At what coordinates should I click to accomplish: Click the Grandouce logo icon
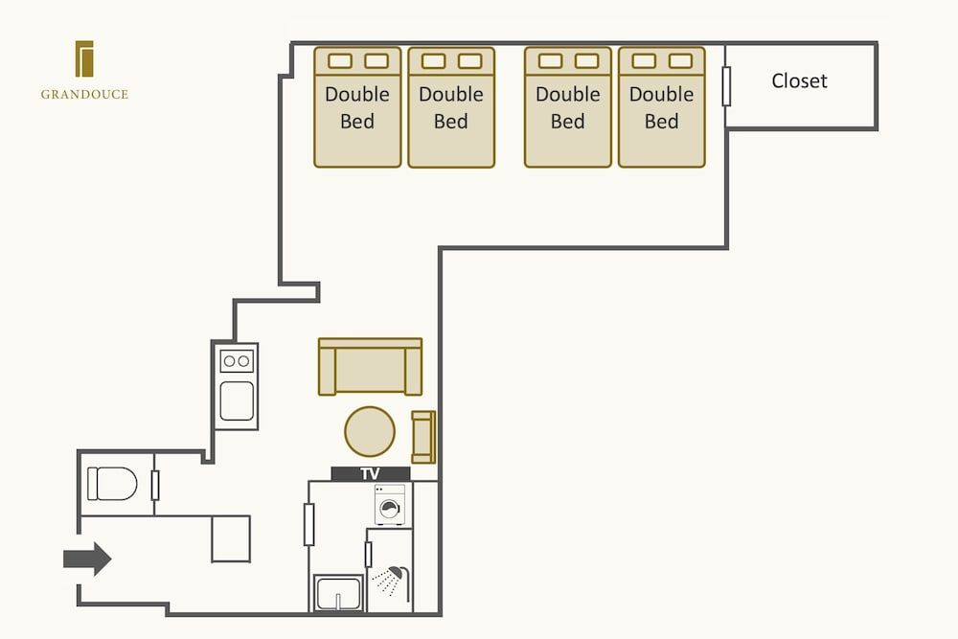click(84, 58)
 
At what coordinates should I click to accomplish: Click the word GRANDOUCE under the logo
click(84, 95)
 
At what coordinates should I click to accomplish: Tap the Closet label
click(799, 81)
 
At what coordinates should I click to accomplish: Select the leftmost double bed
click(357, 107)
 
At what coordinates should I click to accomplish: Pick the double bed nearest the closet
click(661, 107)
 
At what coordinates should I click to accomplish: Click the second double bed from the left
click(451, 107)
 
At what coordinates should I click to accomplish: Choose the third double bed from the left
click(567, 107)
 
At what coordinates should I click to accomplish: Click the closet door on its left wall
click(727, 86)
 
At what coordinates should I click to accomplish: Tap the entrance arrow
click(87, 559)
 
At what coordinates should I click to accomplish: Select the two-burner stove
click(237, 361)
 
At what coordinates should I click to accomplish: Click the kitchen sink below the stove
click(237, 400)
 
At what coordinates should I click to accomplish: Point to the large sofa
click(370, 366)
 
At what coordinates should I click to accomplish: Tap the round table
click(370, 431)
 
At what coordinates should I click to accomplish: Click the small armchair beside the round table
click(422, 436)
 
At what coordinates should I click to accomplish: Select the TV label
click(370, 473)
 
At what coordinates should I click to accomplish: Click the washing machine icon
click(390, 505)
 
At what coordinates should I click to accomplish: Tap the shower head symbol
click(390, 577)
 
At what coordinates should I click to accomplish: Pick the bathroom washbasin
click(337, 593)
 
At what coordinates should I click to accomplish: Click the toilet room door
click(155, 486)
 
